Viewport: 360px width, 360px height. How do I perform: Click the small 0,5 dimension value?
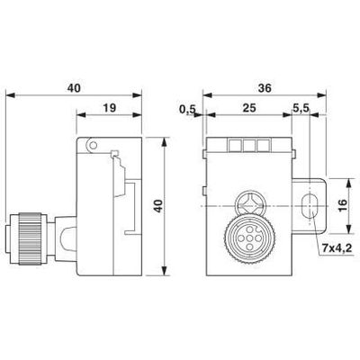click(x=187, y=109)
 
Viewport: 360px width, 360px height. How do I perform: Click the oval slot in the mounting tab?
click(x=310, y=204)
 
